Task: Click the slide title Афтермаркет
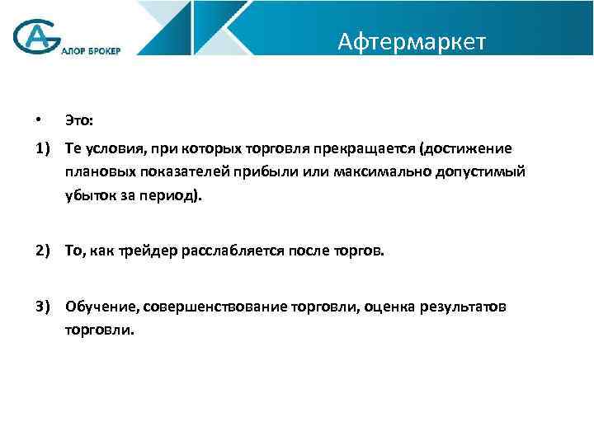click(412, 41)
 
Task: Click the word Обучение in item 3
click(101, 307)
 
